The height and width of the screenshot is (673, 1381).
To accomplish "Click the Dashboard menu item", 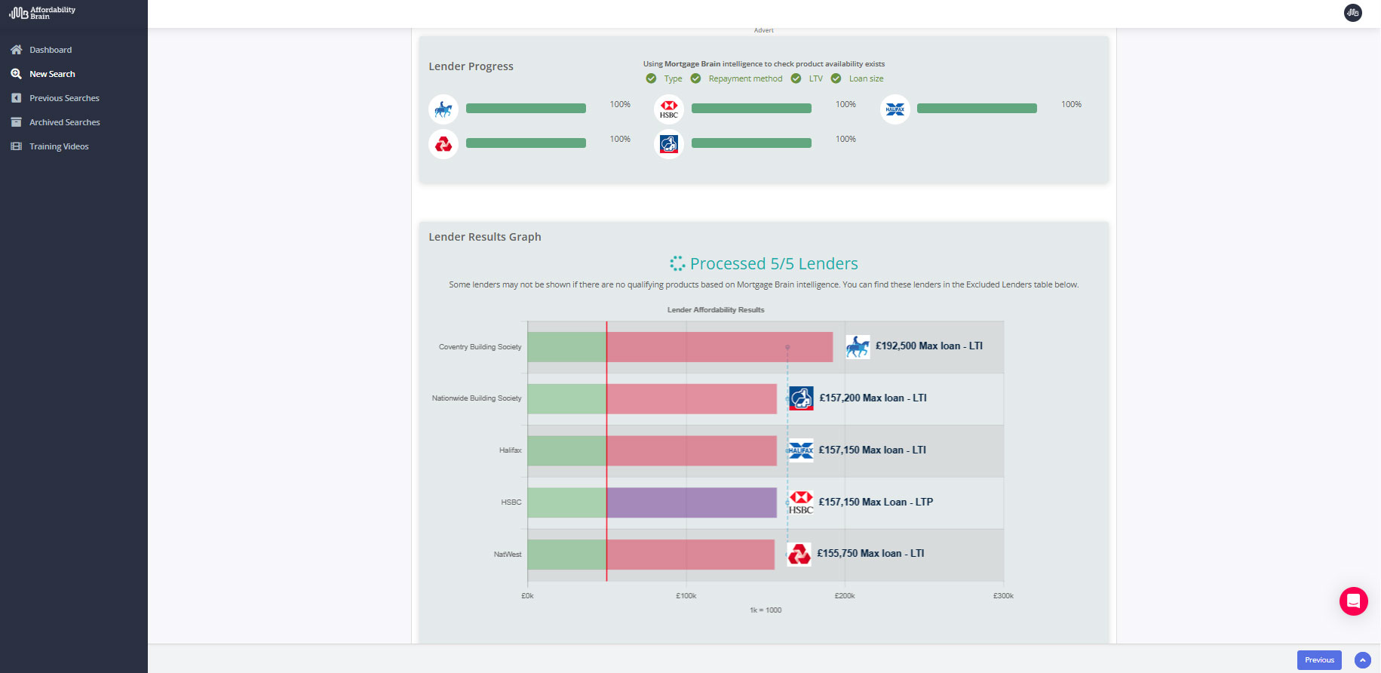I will point(50,50).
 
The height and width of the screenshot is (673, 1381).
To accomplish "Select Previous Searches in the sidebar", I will point(64,98).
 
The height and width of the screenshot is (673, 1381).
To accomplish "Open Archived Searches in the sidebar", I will point(64,122).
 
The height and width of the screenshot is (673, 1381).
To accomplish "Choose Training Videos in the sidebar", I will point(59,146).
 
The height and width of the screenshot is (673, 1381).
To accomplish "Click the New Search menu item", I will point(52,74).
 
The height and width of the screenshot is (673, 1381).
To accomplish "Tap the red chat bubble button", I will point(1353,601).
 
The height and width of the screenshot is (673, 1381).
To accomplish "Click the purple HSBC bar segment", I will point(691,502).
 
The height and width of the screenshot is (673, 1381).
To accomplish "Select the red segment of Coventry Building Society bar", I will point(719,347).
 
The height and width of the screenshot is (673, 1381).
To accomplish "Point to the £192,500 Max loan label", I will point(928,346).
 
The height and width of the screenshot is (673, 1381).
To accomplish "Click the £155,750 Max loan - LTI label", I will point(870,554).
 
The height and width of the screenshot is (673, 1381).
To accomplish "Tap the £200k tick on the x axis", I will point(844,596).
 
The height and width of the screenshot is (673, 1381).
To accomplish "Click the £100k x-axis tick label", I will point(686,596).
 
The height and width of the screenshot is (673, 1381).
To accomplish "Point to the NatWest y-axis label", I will point(507,555).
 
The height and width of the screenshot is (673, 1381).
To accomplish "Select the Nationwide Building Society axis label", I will point(476,398).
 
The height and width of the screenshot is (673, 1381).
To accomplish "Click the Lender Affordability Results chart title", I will point(715,310).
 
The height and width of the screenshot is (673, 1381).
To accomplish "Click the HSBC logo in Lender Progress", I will point(668,109).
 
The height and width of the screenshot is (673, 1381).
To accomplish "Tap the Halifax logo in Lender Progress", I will point(895,109).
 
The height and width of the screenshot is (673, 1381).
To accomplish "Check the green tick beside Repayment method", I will point(695,78).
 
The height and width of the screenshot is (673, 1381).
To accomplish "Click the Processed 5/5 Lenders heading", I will point(773,264).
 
